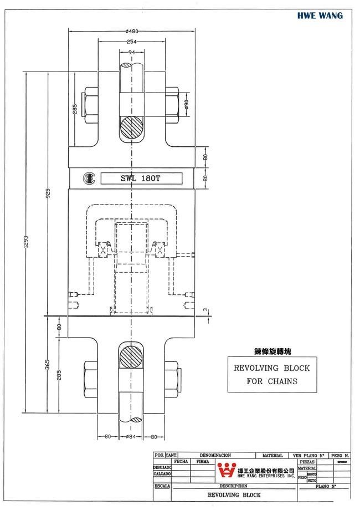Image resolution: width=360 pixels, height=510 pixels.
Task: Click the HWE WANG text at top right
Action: point(319,16)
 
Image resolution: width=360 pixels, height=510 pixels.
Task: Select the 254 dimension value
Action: point(131,42)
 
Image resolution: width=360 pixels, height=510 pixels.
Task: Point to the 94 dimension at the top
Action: point(132,52)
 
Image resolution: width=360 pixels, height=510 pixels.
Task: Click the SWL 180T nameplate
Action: point(141,178)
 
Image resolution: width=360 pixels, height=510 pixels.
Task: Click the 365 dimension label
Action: point(48,364)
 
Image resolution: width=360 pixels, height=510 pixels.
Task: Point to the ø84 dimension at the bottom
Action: point(131,436)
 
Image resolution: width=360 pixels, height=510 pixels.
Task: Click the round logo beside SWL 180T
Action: point(89,178)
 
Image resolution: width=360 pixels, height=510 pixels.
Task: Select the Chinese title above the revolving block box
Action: point(272,351)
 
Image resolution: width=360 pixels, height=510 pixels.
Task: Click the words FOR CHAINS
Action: point(272,381)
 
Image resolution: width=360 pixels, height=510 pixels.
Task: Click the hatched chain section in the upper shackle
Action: point(132,129)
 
